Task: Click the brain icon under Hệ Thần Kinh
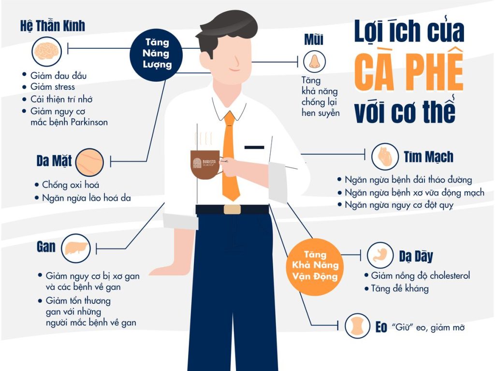point(46,51)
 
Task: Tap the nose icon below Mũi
point(314,61)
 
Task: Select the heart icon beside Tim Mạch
point(385,157)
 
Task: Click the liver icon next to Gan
point(76,248)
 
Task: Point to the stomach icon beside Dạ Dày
point(380,255)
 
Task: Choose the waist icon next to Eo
point(357,326)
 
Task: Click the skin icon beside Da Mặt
point(89,162)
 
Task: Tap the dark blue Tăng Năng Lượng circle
point(156,55)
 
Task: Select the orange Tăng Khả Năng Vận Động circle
point(315,267)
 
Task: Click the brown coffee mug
point(205,164)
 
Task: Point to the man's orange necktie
point(231,155)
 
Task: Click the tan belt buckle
point(232,210)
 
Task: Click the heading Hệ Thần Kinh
point(52,26)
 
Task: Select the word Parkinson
point(89,122)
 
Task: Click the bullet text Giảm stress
point(52,87)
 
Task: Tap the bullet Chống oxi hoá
point(71,185)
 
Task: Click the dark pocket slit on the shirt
point(254,147)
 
